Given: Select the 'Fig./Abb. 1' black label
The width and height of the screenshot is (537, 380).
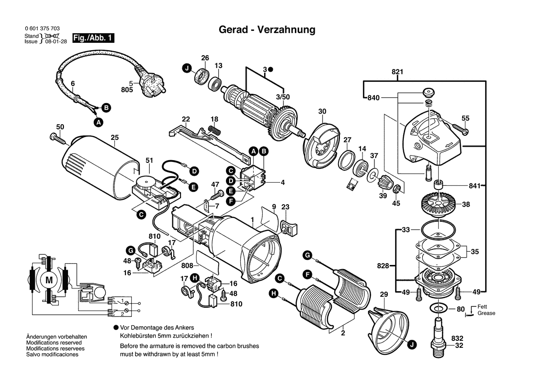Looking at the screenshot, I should pyautogui.click(x=93, y=38).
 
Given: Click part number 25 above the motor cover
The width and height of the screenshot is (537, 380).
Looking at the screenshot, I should pyautogui.click(x=114, y=137).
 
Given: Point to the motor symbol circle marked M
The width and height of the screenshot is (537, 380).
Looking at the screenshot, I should pyautogui.click(x=48, y=279).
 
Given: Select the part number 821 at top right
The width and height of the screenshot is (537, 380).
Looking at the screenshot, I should pyautogui.click(x=397, y=72).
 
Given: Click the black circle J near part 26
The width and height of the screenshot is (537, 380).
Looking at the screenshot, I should pyautogui.click(x=187, y=69).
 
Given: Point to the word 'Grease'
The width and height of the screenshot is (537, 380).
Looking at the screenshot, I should pyautogui.click(x=486, y=313).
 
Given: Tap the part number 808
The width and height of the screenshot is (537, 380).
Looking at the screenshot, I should pyautogui.click(x=187, y=265).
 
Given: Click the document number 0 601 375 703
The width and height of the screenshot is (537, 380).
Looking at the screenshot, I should pyautogui.click(x=42, y=29).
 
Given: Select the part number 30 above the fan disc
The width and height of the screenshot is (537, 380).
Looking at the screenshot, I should pyautogui.click(x=322, y=111).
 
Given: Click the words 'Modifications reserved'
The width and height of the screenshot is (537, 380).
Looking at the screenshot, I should pyautogui.click(x=54, y=343).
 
